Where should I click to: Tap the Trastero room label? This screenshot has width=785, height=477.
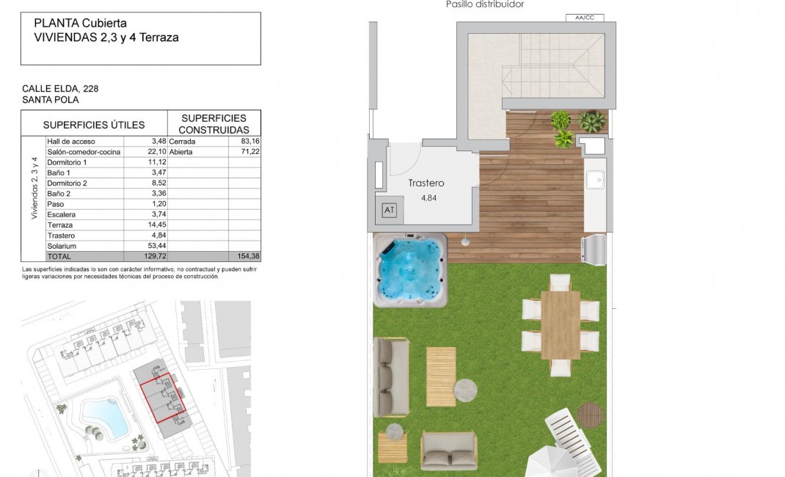pyautogui.click(x=426, y=183)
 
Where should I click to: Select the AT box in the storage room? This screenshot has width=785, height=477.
pyautogui.click(x=388, y=211)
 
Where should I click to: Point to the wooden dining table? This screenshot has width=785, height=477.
pyautogui.click(x=561, y=324)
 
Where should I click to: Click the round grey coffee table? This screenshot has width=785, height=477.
pyautogui.click(x=466, y=389)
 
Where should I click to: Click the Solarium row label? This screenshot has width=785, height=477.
pyautogui.click(x=62, y=246)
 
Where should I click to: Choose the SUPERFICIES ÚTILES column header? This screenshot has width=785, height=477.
pyautogui.click(x=94, y=125)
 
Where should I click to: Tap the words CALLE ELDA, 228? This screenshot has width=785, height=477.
pyautogui.click(x=60, y=88)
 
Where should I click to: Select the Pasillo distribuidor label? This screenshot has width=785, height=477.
pyautogui.click(x=485, y=4)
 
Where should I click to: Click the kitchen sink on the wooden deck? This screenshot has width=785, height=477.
pyautogui.click(x=595, y=178)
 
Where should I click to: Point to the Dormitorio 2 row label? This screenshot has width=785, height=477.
pyautogui.click(x=67, y=183)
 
